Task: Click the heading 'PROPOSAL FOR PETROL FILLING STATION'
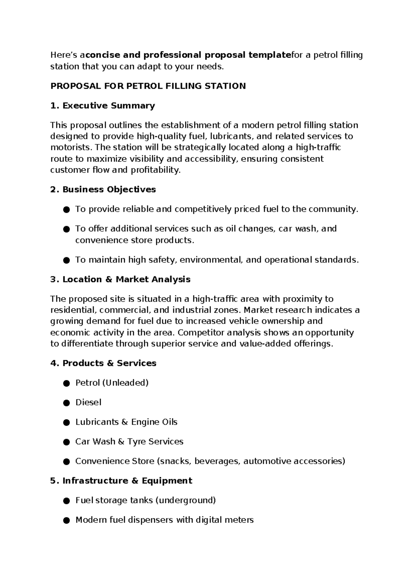(148, 86)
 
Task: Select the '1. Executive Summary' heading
(102, 106)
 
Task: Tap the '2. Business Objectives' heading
(103, 190)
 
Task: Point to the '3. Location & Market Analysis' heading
(120, 279)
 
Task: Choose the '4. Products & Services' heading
(103, 363)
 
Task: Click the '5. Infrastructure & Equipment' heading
(121, 481)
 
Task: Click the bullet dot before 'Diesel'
(67, 403)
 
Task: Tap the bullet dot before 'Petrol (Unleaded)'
(67, 383)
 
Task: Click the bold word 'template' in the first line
(270, 55)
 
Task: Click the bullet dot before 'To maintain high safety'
(67, 260)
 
